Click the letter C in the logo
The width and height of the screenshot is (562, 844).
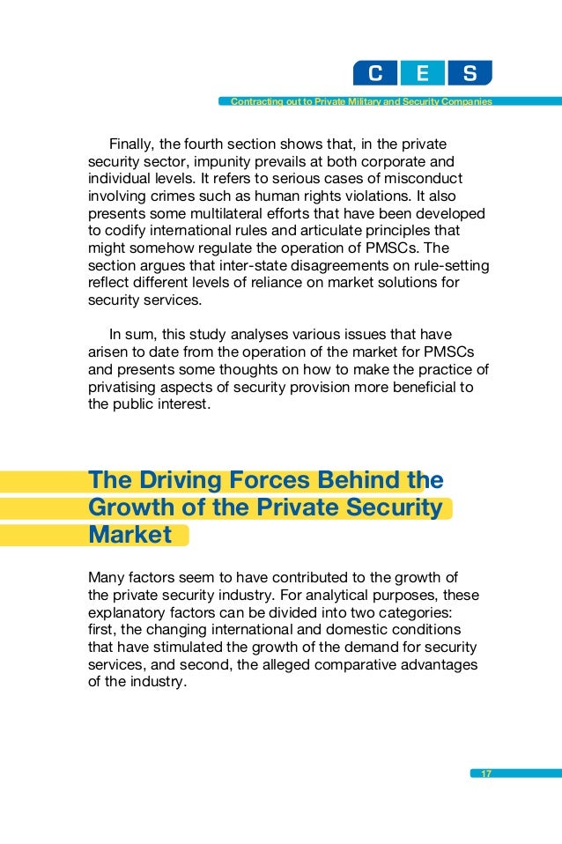pos(375,73)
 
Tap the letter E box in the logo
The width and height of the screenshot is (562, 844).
pos(422,73)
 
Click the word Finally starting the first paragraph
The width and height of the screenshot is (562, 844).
pos(133,144)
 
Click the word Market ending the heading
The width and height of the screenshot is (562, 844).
pos(129,535)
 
